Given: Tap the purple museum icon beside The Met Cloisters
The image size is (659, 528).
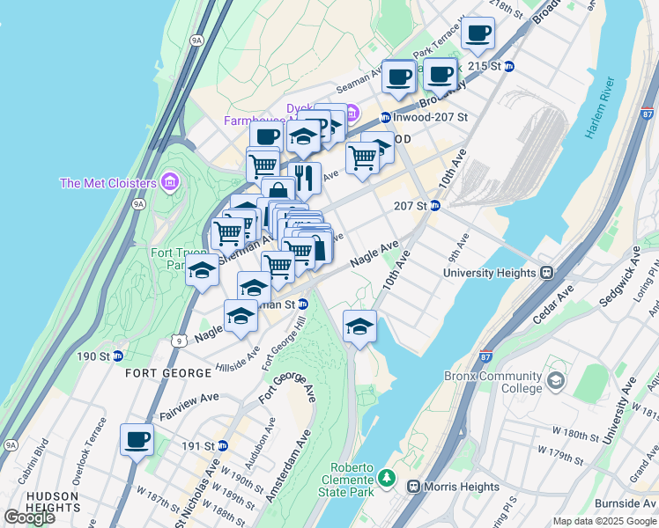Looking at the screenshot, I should coord(170,183).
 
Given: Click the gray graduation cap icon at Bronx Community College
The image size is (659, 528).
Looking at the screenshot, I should coord(556,380).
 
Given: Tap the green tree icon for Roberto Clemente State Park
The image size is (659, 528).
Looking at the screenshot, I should coord(386,479).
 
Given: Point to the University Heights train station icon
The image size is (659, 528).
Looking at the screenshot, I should coord(546,273).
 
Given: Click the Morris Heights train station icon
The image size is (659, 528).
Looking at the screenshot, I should coord(412,487).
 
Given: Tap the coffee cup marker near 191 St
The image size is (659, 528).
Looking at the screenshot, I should coord(137,439).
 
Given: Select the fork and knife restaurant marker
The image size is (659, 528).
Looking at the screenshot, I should coord(305,178).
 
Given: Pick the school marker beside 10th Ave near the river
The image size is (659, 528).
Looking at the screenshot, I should coord(359,326).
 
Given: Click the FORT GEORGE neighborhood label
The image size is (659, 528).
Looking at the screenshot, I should coord(159,372).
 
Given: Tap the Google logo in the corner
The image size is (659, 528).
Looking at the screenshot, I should coord(29,517).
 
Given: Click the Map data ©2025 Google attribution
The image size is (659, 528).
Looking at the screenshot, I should coord(603,521).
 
